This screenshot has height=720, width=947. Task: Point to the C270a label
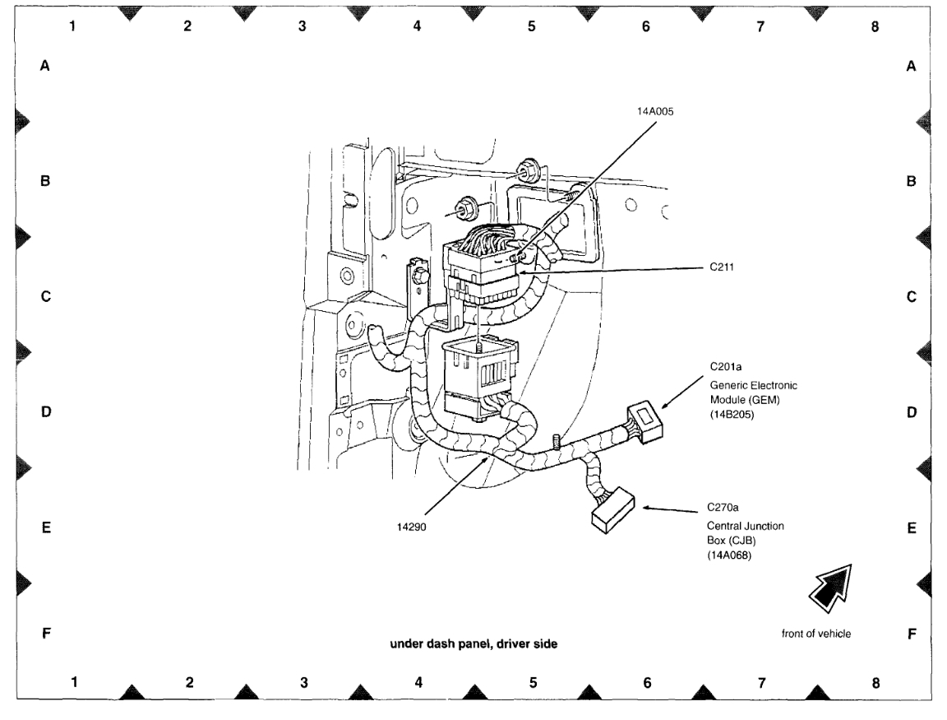coord(723,508)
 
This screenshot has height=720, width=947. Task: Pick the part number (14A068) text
coord(731,556)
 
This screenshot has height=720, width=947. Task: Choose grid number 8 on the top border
coord(875,26)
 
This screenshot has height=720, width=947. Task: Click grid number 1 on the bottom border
coord(74,681)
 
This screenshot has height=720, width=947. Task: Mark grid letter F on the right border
coord(911,634)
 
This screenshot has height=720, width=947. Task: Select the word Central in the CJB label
coord(725,525)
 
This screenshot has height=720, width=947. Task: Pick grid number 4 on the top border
coord(417,26)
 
